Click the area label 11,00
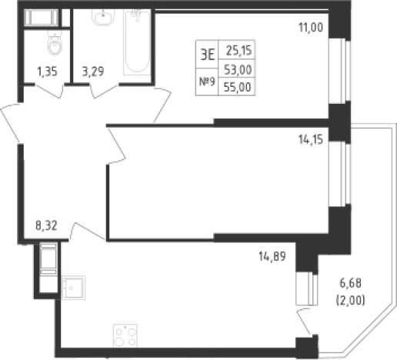coord(311,28)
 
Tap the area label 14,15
coord(311,140)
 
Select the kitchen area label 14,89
coord(272,256)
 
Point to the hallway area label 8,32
coord(46,226)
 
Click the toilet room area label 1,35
coord(47,72)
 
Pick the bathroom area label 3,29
coord(93,72)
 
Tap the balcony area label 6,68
coord(350,283)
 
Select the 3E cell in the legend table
coord(207,55)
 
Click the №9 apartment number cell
coord(207,82)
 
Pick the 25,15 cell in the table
coord(237,50)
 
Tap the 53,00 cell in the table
coord(237,68)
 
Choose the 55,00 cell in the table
coord(237,87)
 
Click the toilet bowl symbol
coord(55,43)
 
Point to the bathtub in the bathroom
coord(137,42)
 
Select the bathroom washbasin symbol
coord(103,17)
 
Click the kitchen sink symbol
coord(73,288)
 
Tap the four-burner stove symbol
coord(125,336)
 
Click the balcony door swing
coord(305,322)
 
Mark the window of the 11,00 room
coord(339,71)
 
